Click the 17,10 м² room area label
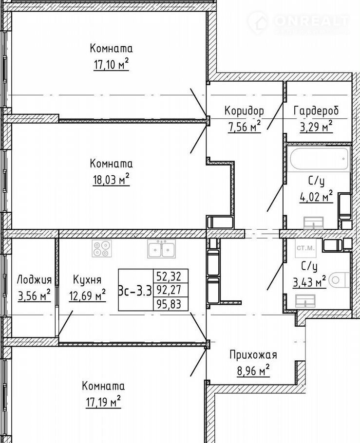111,65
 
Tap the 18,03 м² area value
111,180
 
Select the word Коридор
244,111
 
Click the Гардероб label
316,111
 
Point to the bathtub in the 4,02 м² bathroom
319,159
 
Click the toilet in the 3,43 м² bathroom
340,280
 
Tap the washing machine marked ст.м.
305,248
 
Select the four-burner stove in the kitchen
101,249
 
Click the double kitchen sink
161,249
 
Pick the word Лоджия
34,280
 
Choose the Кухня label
87,280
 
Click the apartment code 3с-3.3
135,290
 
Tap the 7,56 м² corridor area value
244,127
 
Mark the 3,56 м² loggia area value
34,296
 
